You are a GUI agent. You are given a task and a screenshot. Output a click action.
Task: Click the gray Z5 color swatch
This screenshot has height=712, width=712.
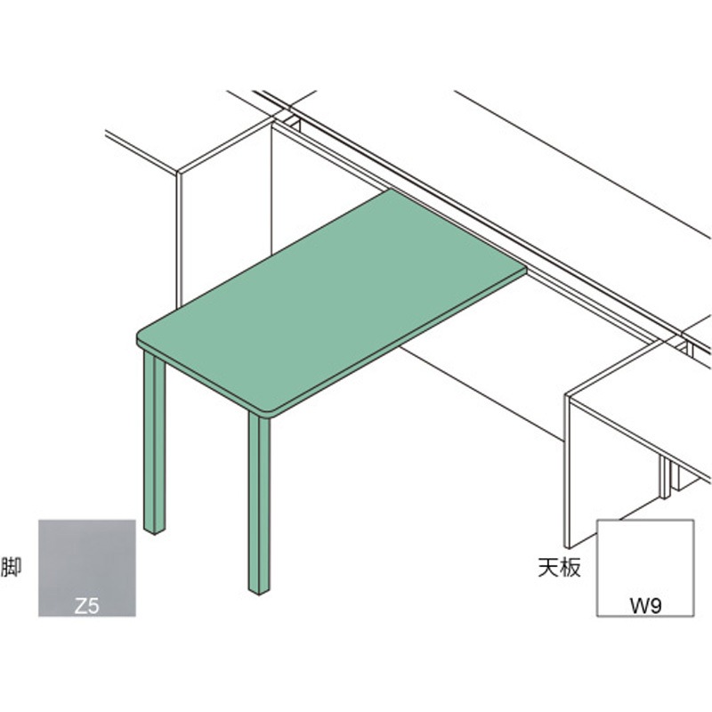click(86, 568)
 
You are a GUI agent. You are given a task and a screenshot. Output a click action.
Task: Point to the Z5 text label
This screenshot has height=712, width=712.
click(86, 606)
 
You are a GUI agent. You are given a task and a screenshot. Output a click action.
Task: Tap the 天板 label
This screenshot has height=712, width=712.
click(559, 567)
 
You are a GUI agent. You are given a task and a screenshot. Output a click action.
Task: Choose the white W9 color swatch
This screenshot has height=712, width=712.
click(644, 568)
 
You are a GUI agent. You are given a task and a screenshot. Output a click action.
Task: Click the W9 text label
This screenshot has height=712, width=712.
click(645, 606)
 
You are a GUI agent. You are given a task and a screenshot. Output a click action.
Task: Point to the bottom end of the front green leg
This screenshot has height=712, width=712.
click(259, 591)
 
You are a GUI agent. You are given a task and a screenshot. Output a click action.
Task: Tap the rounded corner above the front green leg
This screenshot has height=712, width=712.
click(271, 415)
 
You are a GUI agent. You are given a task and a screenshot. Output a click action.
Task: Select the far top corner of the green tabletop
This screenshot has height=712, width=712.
click(391, 190)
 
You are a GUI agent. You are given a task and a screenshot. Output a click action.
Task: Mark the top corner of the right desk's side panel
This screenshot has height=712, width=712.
click(567, 395)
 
